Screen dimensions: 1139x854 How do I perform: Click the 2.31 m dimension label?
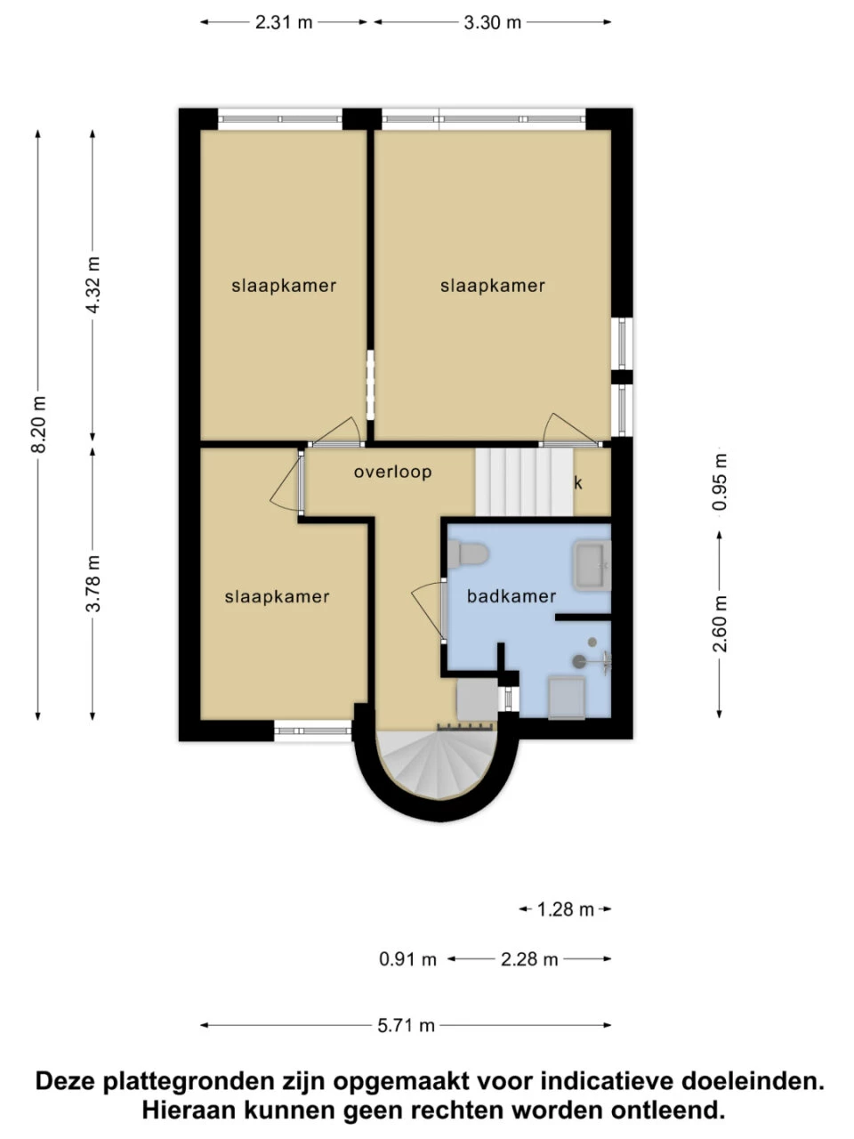coord(284,22)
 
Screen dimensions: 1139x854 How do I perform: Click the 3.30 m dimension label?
coord(492,22)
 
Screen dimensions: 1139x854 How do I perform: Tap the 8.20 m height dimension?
coord(38,424)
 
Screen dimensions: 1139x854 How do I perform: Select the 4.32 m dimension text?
coord(93,285)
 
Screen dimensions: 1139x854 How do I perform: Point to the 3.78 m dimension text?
coord(93,583)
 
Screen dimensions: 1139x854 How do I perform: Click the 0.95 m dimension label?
coord(720,482)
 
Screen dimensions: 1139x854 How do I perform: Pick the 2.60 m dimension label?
coord(720,623)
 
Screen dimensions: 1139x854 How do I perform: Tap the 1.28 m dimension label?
coord(566,909)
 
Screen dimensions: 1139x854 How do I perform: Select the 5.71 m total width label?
coord(406,1025)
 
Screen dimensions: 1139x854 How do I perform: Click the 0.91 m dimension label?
coord(407,959)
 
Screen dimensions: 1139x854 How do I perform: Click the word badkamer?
coord(512,596)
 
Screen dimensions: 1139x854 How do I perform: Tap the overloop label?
coord(392,472)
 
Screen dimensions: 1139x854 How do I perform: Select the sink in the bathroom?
coord(592,566)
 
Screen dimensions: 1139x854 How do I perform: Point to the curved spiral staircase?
coord(436,765)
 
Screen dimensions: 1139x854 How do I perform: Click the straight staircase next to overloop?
coord(524,481)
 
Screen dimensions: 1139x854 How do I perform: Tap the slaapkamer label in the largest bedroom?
coord(492,286)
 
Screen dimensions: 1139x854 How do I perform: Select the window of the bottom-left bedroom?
coord(312,731)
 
